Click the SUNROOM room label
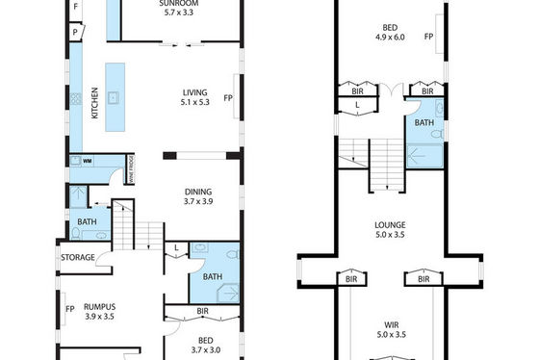tap(179, 4)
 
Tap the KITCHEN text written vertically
tap(95, 103)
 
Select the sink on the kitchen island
tap(113, 98)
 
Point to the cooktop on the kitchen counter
tap(76, 99)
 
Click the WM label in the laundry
tap(87, 161)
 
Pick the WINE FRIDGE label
tap(131, 169)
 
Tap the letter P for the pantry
tap(75, 33)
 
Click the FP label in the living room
tap(228, 98)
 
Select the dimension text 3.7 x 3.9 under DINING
tap(198, 201)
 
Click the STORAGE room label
tap(78, 257)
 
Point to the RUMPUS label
tap(100, 307)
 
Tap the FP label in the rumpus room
tap(70, 309)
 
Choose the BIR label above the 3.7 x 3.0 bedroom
tap(202, 311)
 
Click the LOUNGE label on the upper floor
tap(390, 225)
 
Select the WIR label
tap(392, 324)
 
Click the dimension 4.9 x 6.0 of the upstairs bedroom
tap(390, 38)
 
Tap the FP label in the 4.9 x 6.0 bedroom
tap(428, 37)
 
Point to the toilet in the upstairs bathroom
tap(438, 134)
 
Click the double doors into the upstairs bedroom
tap(392, 90)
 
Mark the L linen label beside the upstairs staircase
tap(357, 105)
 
